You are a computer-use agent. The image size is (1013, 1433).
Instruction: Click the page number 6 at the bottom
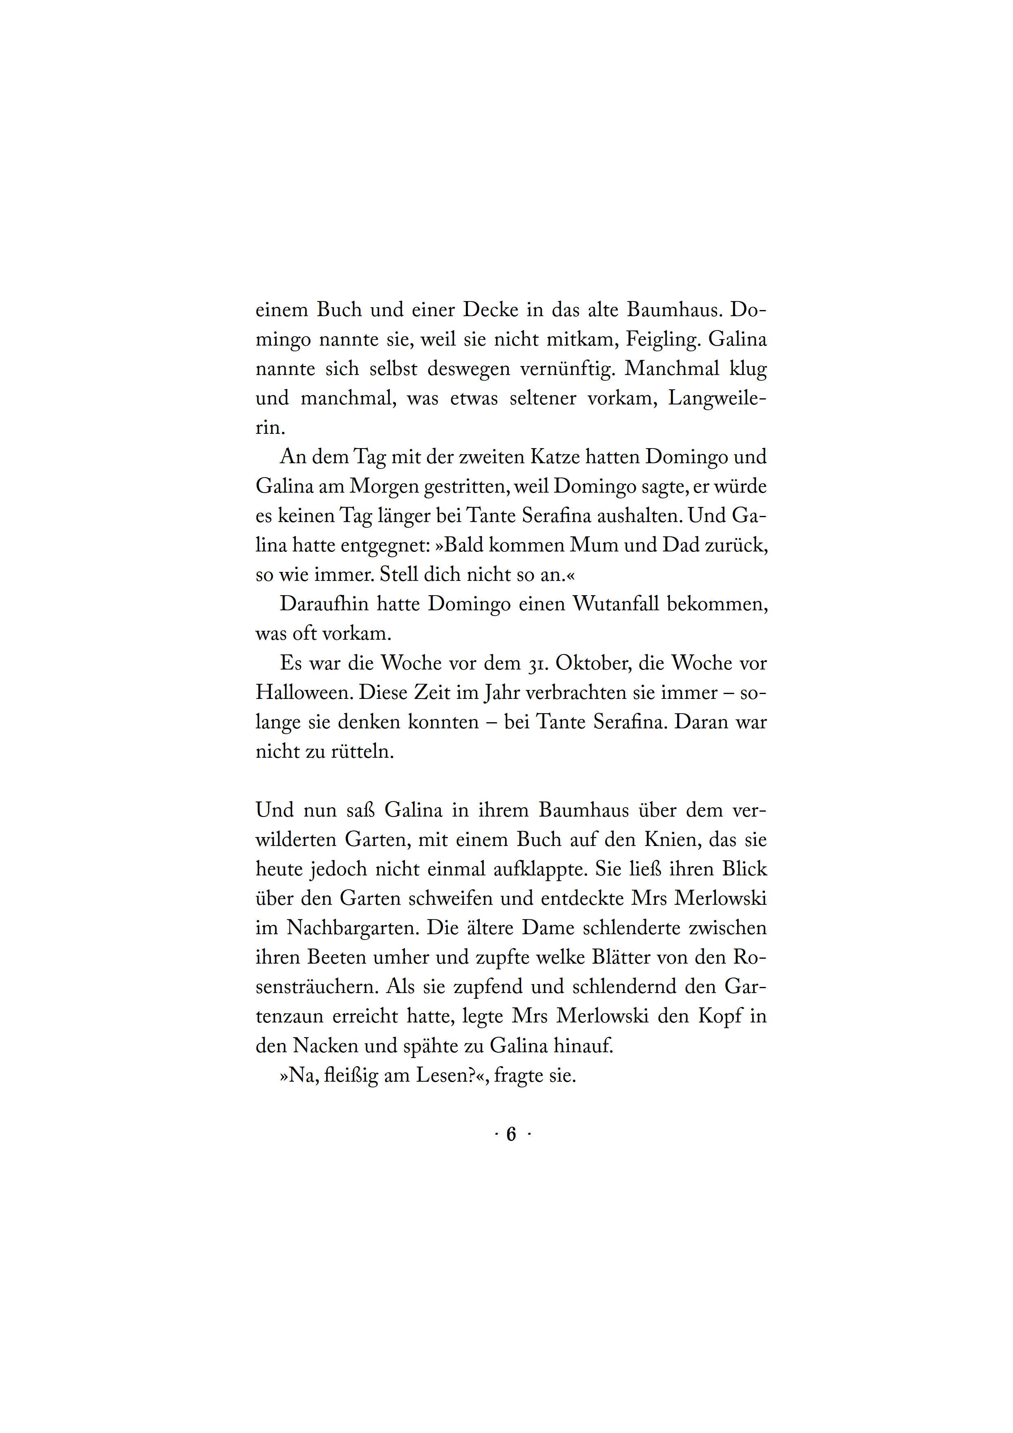pyautogui.click(x=511, y=1134)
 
